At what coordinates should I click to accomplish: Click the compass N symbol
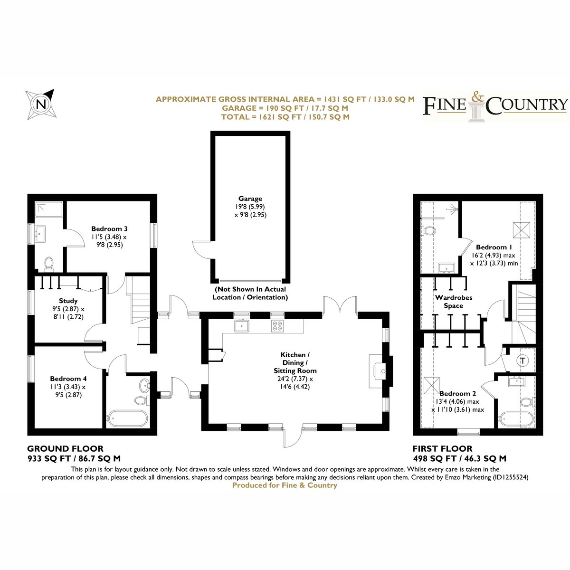pyautogui.click(x=40, y=104)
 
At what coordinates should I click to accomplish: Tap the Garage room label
pyautogui.click(x=250, y=199)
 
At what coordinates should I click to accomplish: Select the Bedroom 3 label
pyautogui.click(x=109, y=228)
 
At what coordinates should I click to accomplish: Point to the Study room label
pyautogui.click(x=68, y=301)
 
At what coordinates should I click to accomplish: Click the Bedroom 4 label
pyautogui.click(x=68, y=379)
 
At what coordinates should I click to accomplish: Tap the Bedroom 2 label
pyautogui.click(x=457, y=393)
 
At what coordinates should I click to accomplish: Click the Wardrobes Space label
pyautogui.click(x=454, y=302)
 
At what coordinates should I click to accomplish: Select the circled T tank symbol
pyautogui.click(x=523, y=361)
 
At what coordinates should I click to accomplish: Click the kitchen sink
pyautogui.click(x=242, y=326)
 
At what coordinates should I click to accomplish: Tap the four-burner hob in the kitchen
pyautogui.click(x=277, y=326)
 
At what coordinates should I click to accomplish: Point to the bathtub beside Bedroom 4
pyautogui.click(x=127, y=418)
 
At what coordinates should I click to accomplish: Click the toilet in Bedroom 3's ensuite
pyautogui.click(x=48, y=264)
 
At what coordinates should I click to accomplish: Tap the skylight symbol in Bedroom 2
pyautogui.click(x=432, y=385)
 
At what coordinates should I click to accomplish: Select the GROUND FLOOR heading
pyautogui.click(x=66, y=449)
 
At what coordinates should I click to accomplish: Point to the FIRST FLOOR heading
pyautogui.click(x=442, y=449)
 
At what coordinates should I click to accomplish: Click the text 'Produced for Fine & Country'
pyautogui.click(x=285, y=485)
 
